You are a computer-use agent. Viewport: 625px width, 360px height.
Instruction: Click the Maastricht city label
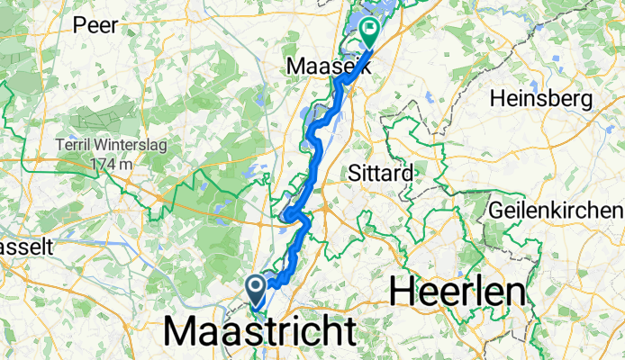coord(260,332)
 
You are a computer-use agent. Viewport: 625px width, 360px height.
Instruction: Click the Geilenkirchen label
coord(557,210)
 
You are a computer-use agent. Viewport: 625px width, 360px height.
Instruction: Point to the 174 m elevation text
coord(111,165)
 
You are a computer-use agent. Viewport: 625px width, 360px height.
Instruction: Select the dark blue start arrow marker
coord(256,289)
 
